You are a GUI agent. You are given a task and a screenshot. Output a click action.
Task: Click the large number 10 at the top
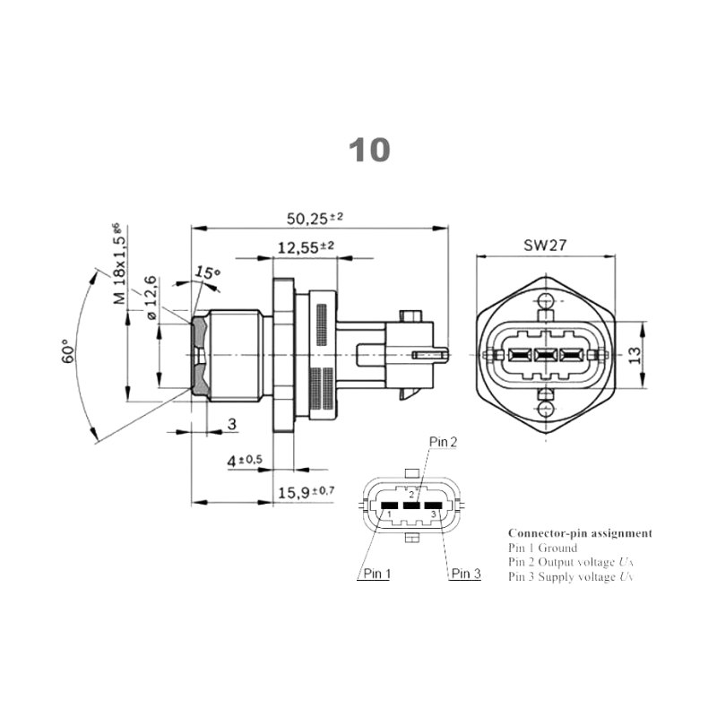369,150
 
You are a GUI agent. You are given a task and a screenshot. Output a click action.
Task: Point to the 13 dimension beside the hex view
635,355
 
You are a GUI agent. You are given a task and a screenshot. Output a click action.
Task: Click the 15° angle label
207,272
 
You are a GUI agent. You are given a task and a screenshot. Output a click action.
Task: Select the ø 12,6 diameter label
150,298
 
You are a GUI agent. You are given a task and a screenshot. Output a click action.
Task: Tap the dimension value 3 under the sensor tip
231,424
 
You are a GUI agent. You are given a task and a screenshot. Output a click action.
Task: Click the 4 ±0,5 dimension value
244,460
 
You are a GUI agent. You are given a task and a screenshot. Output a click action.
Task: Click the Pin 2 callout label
443,441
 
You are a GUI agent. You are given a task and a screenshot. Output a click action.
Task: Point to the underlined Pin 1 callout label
376,574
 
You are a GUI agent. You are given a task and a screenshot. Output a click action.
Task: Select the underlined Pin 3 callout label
465,574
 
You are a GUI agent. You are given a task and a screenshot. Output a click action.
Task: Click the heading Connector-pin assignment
580,532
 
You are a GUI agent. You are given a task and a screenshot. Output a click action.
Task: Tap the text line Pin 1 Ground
542,548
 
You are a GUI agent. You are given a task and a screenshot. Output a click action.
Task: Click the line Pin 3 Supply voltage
570,576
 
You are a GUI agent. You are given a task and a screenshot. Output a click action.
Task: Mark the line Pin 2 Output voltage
570,562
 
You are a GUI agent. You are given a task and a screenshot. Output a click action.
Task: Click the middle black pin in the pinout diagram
411,505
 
